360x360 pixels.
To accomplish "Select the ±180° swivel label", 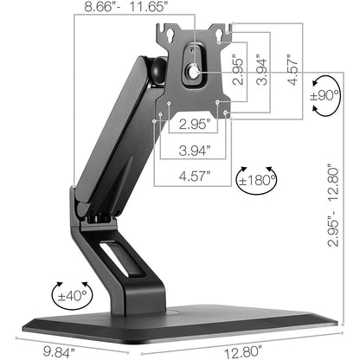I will (x=256, y=181).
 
